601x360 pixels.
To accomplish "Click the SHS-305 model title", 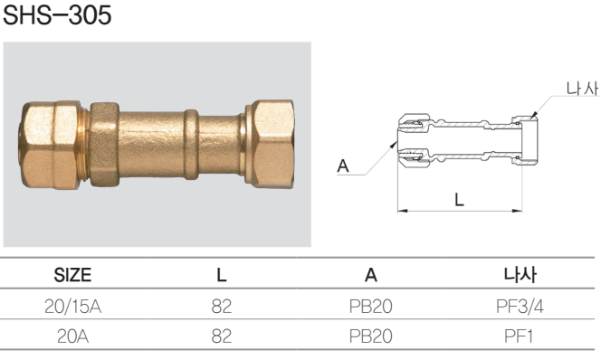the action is (57, 15).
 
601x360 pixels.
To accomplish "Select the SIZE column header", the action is (72, 275).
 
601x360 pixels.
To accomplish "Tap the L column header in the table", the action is (222, 275).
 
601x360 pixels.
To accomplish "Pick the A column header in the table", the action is (370, 275).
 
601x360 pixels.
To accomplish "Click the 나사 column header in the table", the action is (520, 275).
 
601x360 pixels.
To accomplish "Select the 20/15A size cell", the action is (72, 307).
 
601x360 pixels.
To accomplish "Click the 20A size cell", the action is (72, 336).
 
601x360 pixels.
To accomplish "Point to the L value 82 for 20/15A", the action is (222, 307).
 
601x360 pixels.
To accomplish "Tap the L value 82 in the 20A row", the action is (222, 336).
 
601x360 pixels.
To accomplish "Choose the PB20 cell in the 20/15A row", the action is (370, 307).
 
